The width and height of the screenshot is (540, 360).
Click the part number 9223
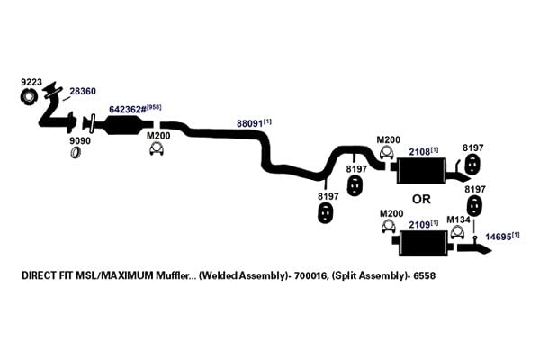coord(31,82)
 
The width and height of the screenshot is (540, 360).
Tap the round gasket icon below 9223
coord(28,96)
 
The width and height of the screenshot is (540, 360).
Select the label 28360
coord(83,91)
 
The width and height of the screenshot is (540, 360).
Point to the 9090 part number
coord(80,140)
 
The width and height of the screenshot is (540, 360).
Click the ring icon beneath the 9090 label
coord(76,152)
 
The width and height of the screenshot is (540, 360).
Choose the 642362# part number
coord(128,110)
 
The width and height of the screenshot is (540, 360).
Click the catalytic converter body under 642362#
coord(124,125)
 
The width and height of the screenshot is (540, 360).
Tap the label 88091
coord(249,123)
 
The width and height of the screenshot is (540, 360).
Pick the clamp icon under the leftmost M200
coord(157,148)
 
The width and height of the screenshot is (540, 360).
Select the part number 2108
coord(419,152)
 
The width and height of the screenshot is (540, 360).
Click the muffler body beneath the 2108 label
coord(421,171)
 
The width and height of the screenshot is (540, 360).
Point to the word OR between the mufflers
coord(421,199)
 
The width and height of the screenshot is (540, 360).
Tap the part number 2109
coord(419,225)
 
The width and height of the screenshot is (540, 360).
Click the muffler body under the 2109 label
coord(424,243)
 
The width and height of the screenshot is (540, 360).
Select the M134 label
coord(458,220)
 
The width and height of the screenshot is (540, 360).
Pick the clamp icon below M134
coord(458,232)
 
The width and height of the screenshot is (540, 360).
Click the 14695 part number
coord(499,237)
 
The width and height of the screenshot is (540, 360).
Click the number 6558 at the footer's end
coord(425,275)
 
